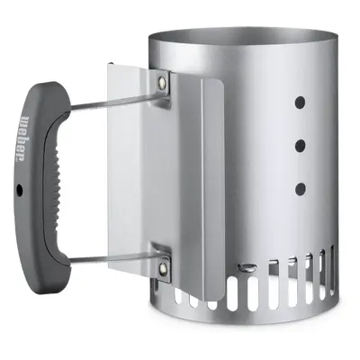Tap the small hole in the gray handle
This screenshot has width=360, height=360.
coord(20,190)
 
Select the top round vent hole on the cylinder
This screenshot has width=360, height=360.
coord(300,103)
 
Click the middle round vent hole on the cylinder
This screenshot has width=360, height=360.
coord(300,146)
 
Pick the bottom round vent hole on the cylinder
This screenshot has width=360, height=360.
coord(300,188)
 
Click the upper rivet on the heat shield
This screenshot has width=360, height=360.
coord(163,81)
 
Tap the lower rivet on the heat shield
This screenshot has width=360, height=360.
coord(163,266)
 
